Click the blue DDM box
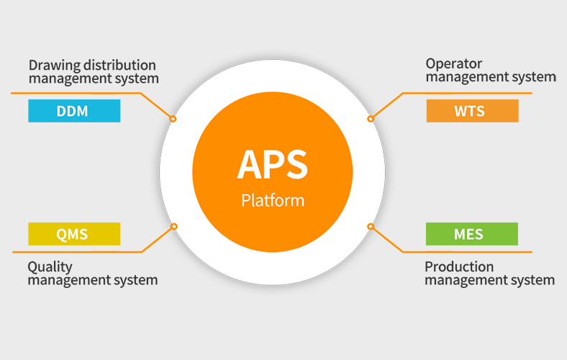[74, 111]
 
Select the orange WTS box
[472, 111]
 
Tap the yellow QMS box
[74, 234]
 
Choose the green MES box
[472, 234]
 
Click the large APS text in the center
[272, 165]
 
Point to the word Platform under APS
[273, 200]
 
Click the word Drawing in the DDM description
[54, 66]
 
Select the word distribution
[119, 65]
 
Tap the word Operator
[454, 64]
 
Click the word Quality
[50, 267]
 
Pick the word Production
[459, 266]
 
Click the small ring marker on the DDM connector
[173, 119]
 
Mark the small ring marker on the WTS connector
[371, 119]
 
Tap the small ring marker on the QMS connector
[173, 227]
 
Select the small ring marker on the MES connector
[371, 227]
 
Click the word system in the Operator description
[534, 77]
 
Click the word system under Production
[532, 280]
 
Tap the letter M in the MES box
[460, 235]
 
